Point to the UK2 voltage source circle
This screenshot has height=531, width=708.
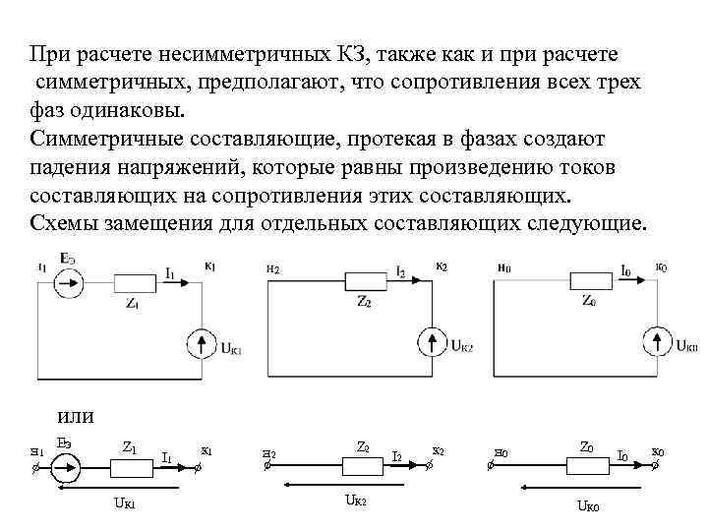[x=432, y=343]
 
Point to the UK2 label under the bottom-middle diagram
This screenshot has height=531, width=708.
[x=354, y=501]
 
